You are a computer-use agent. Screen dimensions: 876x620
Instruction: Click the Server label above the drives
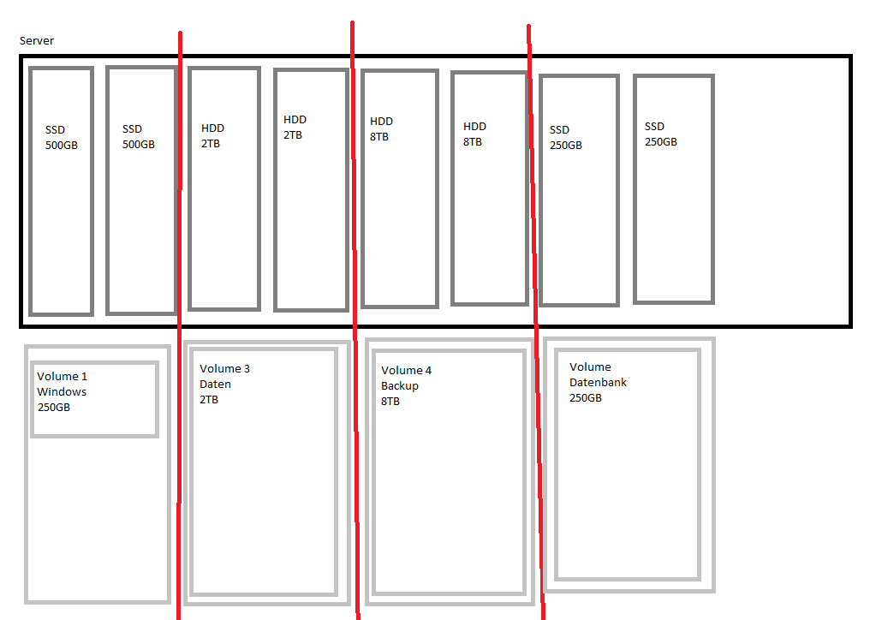click(x=37, y=41)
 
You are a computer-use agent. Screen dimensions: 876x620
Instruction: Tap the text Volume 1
click(x=62, y=377)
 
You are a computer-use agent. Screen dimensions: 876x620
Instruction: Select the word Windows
click(x=62, y=392)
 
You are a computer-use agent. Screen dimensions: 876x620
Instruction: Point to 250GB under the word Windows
click(x=54, y=408)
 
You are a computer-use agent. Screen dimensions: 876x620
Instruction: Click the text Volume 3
click(x=225, y=369)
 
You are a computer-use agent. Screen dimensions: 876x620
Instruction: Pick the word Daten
click(x=216, y=385)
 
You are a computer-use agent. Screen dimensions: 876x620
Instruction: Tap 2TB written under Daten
click(x=210, y=400)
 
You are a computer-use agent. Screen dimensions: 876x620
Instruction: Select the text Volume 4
click(x=406, y=371)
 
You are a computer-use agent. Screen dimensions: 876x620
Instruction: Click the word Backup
click(x=400, y=386)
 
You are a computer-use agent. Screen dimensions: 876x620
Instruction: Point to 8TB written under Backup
click(x=390, y=402)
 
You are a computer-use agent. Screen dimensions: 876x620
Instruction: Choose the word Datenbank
click(x=598, y=383)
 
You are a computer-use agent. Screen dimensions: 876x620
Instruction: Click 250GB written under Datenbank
click(x=586, y=398)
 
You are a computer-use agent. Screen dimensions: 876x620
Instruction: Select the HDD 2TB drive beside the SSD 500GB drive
click(x=224, y=189)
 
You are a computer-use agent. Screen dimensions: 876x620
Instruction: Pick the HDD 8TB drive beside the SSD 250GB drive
click(x=490, y=188)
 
